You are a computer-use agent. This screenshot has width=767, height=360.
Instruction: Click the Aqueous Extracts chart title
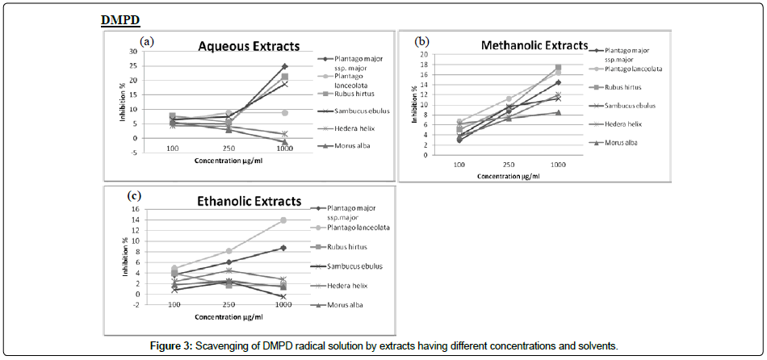click(249, 46)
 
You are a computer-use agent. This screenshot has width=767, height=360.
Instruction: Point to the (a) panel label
click(146, 40)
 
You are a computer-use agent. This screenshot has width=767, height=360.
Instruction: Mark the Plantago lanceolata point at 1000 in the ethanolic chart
click(283, 220)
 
